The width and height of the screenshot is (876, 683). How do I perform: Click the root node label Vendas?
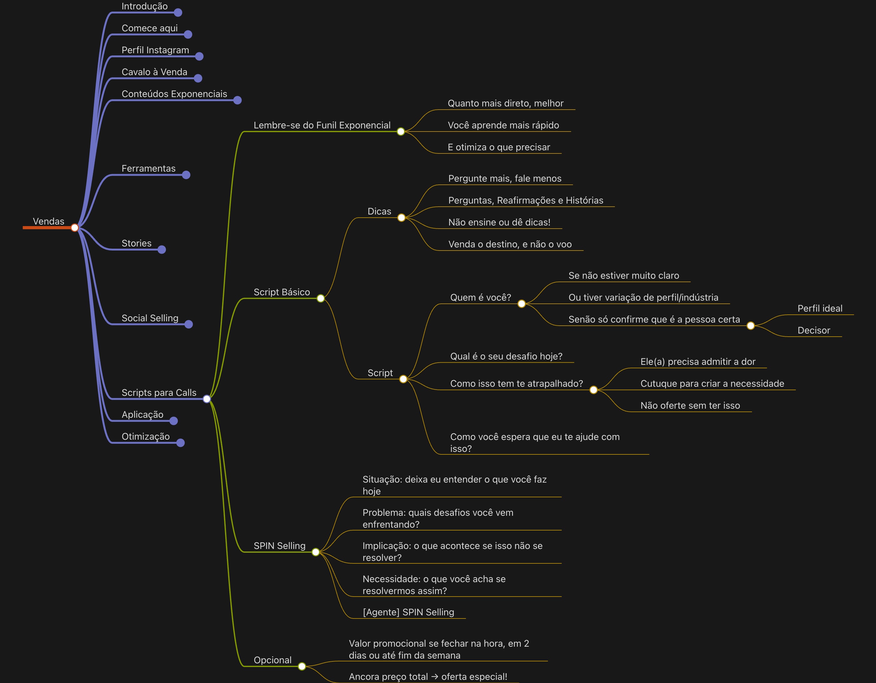click(49, 221)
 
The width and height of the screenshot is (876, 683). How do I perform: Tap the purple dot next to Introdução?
click(178, 13)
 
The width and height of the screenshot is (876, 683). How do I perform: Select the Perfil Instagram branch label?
click(155, 50)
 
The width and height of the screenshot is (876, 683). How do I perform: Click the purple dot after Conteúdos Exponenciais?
click(238, 100)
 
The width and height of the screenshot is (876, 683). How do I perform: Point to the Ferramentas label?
click(148, 168)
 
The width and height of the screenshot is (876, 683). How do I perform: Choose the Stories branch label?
click(136, 243)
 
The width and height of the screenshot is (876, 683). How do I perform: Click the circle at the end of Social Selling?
click(188, 324)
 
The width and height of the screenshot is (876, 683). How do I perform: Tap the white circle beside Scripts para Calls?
click(207, 399)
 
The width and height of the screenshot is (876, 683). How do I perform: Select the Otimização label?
click(146, 437)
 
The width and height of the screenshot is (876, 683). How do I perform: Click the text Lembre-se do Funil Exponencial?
click(322, 125)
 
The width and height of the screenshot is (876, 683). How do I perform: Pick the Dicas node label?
click(379, 211)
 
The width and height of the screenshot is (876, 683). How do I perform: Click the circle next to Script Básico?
click(320, 298)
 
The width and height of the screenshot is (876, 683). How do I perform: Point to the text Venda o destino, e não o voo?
click(510, 244)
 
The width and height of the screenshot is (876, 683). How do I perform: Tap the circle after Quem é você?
click(521, 304)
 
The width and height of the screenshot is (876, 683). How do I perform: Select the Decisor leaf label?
click(813, 331)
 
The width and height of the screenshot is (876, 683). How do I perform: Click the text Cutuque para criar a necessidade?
click(712, 384)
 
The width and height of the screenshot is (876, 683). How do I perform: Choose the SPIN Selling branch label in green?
click(279, 546)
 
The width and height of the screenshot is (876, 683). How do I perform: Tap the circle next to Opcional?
click(302, 666)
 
